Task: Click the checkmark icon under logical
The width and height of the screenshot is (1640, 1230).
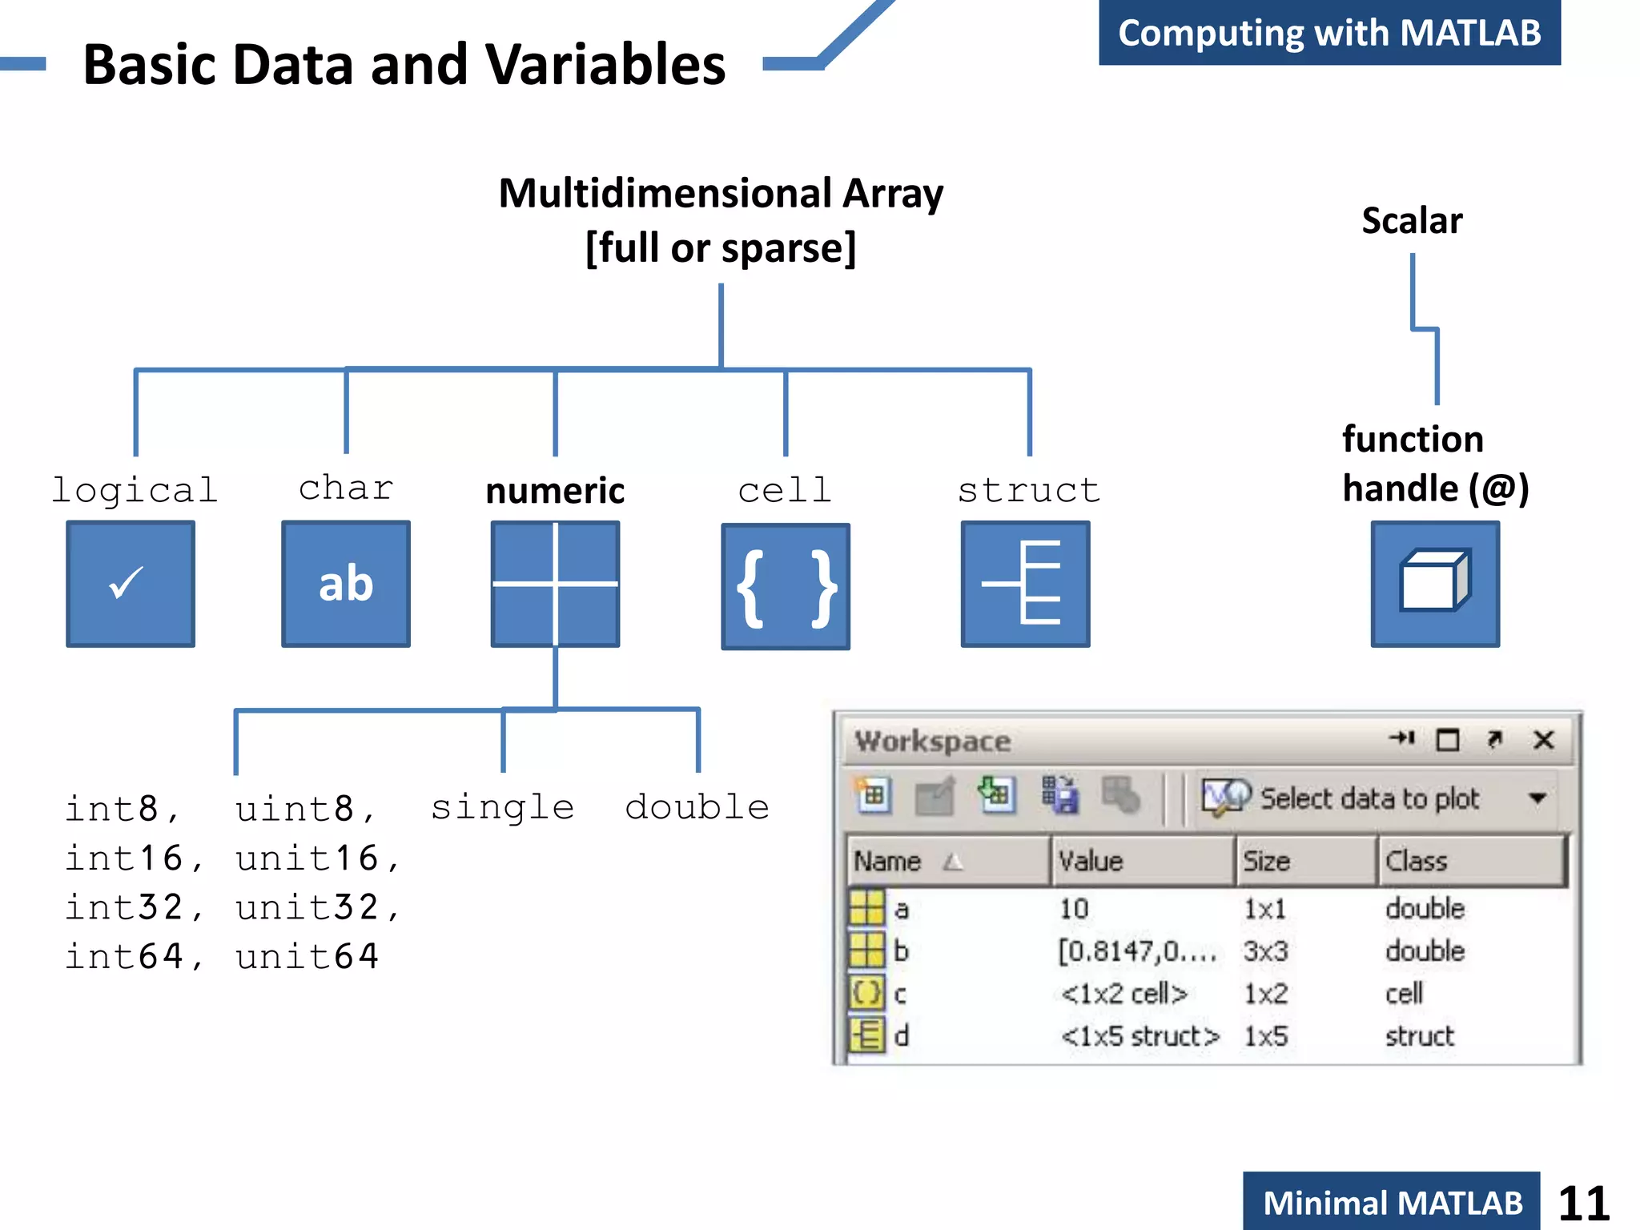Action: (130, 584)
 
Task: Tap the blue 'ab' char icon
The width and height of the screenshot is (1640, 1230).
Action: (346, 584)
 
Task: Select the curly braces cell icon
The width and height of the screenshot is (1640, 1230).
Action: (786, 587)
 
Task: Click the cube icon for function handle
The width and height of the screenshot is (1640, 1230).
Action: (1435, 584)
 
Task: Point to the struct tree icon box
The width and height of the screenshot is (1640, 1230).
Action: (1025, 584)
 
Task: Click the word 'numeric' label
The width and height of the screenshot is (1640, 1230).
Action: (555, 491)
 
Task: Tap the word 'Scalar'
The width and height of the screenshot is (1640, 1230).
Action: (1412, 220)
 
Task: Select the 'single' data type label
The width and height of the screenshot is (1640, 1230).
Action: (502, 807)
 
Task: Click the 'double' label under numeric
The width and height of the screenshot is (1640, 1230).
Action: (697, 807)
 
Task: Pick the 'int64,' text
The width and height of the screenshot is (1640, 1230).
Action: (134, 956)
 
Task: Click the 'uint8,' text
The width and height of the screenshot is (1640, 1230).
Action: (305, 809)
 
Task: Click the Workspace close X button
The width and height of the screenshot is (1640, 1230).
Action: (1544, 740)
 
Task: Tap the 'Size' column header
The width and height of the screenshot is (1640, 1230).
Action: (1267, 862)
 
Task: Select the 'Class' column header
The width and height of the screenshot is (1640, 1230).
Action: (1417, 862)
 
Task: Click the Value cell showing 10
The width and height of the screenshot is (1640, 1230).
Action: (1074, 909)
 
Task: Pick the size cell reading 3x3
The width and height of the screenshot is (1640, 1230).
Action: (1266, 951)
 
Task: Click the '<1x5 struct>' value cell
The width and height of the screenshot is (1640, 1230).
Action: (1140, 1036)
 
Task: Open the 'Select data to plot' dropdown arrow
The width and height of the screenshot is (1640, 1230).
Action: (1537, 798)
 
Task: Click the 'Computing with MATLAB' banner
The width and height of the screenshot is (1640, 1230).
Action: (1329, 33)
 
